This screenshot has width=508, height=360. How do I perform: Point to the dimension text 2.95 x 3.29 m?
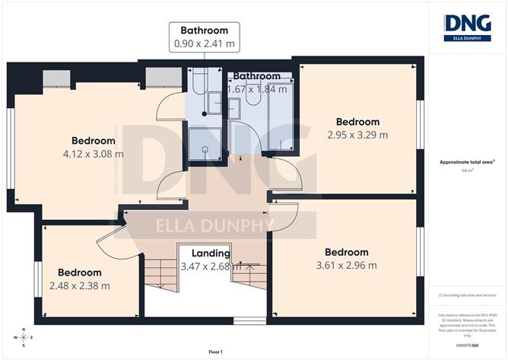click(357, 135)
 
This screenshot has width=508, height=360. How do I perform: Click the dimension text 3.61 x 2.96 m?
click(346, 266)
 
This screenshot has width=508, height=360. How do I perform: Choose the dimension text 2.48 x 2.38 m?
click(80, 286)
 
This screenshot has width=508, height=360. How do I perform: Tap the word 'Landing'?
click(211, 253)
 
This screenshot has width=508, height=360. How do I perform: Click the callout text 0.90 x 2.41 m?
click(205, 43)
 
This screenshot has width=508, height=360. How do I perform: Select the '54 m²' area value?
click(467, 171)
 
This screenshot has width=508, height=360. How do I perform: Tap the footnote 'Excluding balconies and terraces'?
click(467, 295)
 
